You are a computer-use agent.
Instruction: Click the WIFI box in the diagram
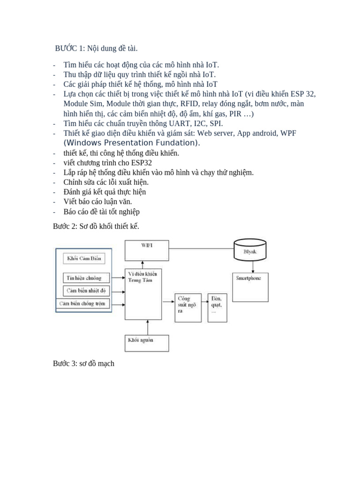(147, 250)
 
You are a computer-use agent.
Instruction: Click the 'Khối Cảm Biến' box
(83, 258)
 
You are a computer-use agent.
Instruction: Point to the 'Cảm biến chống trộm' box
(83, 304)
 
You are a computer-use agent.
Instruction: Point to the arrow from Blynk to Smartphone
(254, 266)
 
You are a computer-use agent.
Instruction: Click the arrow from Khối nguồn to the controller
(147, 326)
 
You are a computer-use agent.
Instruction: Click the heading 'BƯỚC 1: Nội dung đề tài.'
(96, 48)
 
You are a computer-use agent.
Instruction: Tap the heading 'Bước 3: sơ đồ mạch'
(83, 363)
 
